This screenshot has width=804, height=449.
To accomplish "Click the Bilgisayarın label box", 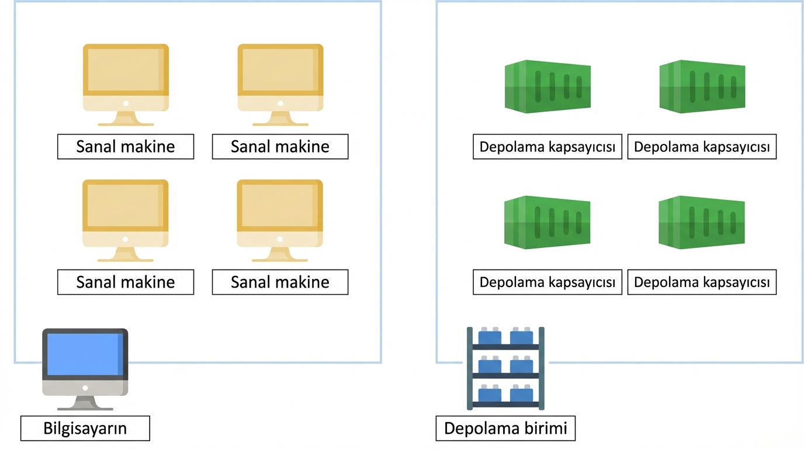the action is point(85,428).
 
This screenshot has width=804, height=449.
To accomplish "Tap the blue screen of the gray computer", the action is point(85,354).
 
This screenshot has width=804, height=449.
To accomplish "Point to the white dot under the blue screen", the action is point(85,388).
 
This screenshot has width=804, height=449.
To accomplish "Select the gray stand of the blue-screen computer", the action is point(85,403).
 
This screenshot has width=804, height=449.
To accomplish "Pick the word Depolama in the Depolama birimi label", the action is point(482,428).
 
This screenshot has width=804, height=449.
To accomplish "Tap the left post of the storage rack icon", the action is point(469,368).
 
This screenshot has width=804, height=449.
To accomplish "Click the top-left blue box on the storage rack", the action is point(490,336).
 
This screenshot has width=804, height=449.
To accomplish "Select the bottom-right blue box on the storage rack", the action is point(521,393).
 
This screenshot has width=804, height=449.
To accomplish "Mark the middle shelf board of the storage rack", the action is point(505,376).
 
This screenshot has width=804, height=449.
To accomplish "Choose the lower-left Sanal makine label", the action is point(126,282).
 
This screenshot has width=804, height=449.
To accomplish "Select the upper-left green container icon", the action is point(547,87).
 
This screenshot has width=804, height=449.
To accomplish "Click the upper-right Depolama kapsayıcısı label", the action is point(702,147).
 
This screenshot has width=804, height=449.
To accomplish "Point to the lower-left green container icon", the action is point(547,222).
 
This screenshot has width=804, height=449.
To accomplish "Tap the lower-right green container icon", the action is point(702,222).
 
